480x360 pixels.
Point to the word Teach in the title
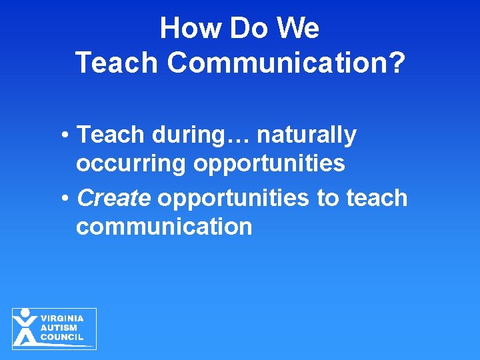(117, 63)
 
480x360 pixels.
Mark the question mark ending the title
(396, 63)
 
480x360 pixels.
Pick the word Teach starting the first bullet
(111, 135)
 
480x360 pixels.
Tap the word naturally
(307, 136)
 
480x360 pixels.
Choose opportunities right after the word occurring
(269, 164)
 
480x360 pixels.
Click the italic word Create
(113, 198)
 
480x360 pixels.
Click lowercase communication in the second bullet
(164, 227)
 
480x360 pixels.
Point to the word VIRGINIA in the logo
(62, 319)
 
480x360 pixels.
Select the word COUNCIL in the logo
(62, 337)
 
